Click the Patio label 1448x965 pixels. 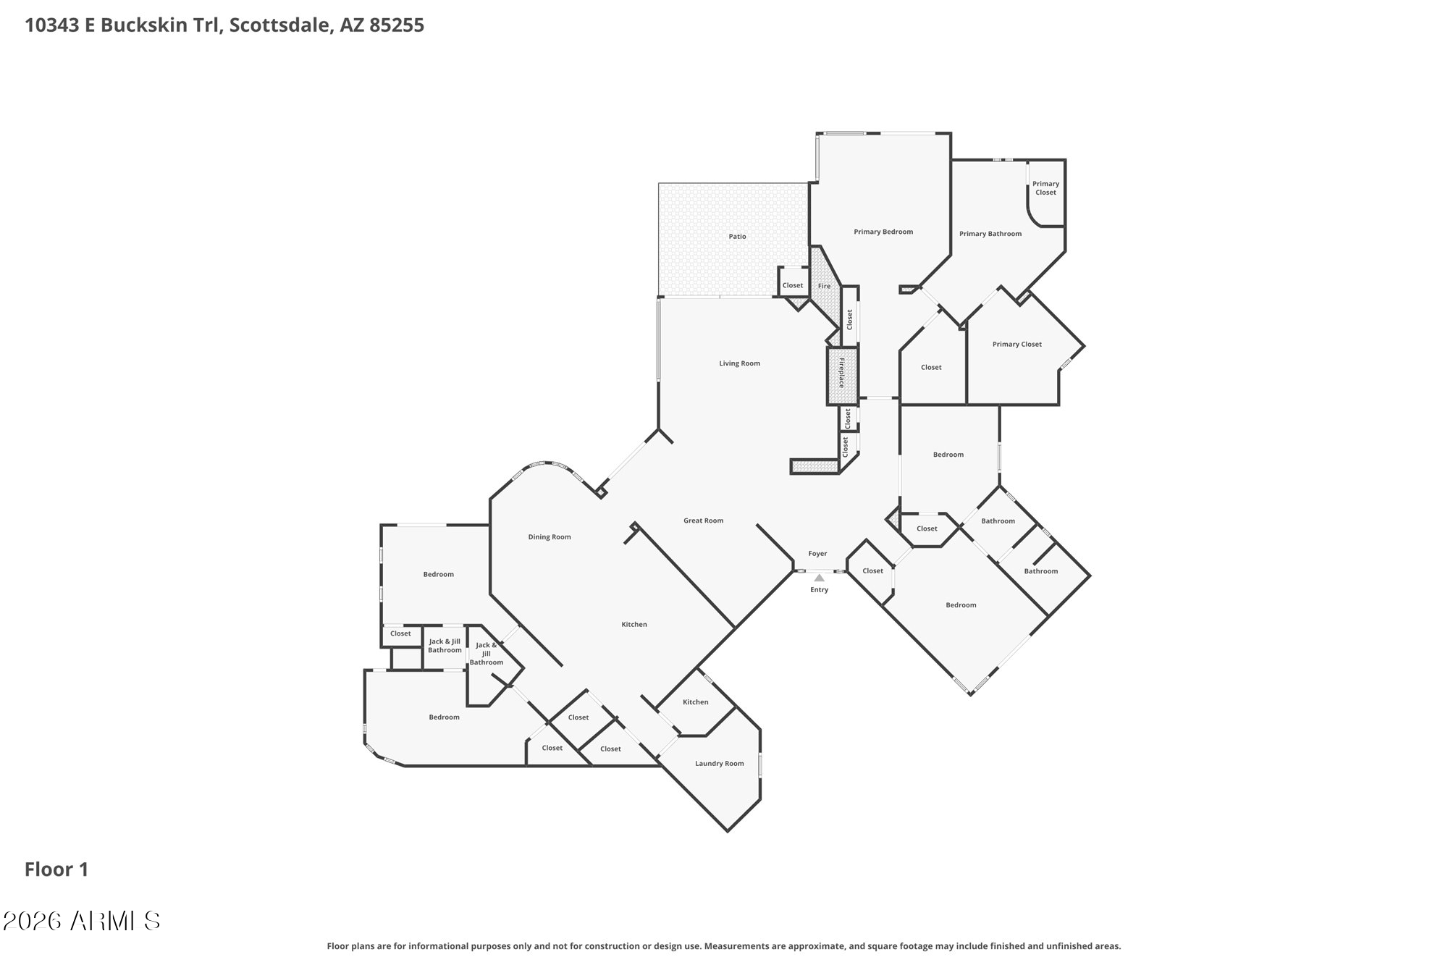[x=737, y=237]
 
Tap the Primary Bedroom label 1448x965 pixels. [x=883, y=232]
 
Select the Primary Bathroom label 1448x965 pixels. [x=990, y=234]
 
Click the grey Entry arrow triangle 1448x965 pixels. [x=819, y=578]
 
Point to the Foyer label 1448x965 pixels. [x=817, y=554]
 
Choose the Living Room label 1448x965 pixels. [x=739, y=363]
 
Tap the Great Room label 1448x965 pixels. [x=703, y=521]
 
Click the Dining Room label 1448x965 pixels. [x=550, y=537]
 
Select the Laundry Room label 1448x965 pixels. [x=719, y=764]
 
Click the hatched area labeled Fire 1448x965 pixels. [x=824, y=286]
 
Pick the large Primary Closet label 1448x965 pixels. [x=1016, y=345]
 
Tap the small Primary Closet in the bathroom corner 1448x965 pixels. [x=1045, y=188]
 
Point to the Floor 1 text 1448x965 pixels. [x=56, y=869]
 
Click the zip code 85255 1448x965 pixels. [x=397, y=25]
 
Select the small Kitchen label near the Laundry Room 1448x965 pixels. [x=695, y=702]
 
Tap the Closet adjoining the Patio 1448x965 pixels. [x=792, y=285]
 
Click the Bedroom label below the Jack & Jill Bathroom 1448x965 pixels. [x=444, y=717]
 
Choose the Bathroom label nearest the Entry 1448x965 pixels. [x=998, y=521]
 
